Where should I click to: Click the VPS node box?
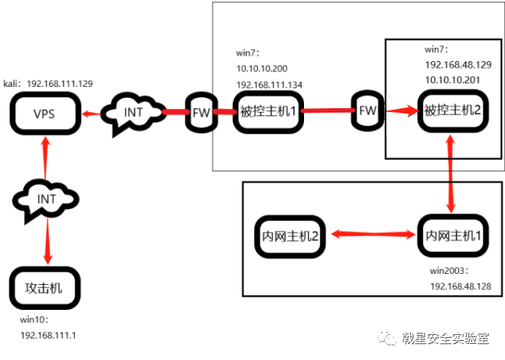45,113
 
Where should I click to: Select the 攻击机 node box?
44,288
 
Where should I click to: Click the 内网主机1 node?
452,236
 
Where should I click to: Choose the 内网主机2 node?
290,236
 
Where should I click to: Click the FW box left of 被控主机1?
201,113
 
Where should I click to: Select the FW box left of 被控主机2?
367,112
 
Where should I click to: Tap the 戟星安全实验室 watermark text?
445,339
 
